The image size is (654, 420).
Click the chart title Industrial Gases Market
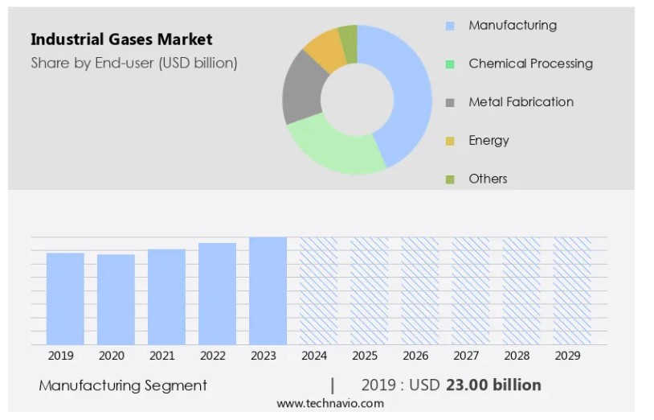[121, 39]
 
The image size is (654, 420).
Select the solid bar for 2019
[65, 299]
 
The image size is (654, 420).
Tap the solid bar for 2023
[268, 290]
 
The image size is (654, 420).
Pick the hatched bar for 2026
[419, 290]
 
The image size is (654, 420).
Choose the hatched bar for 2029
[572, 290]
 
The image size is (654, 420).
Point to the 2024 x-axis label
[313, 355]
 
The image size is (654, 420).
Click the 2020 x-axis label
[111, 355]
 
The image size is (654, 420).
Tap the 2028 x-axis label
[517, 355]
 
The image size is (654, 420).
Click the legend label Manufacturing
[512, 26]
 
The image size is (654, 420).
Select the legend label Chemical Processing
[530, 64]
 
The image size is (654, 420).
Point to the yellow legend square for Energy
[451, 141]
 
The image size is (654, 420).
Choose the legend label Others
[488, 179]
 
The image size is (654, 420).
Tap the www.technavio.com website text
[330, 403]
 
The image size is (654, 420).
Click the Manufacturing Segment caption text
[123, 385]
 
